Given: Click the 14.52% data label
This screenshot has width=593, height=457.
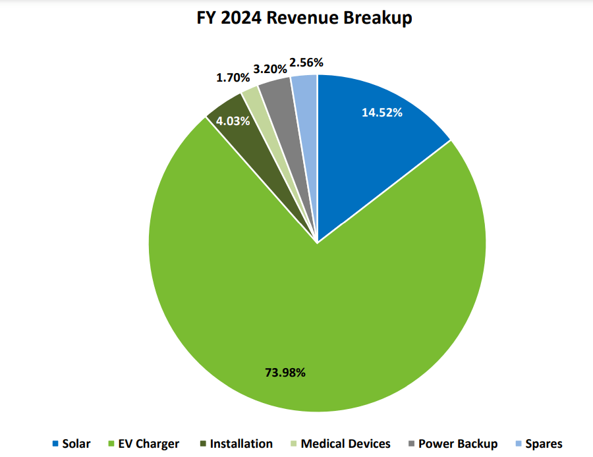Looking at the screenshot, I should [x=382, y=112].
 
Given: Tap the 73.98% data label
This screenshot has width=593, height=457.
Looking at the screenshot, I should [x=285, y=373].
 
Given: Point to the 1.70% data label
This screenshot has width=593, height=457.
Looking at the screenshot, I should [x=233, y=78].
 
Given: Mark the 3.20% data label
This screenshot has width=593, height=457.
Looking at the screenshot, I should [x=269, y=68].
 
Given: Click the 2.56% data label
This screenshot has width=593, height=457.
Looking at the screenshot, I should [x=306, y=63].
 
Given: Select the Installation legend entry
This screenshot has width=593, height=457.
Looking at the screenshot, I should [x=236, y=444].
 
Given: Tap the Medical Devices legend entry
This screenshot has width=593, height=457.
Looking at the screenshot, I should [x=340, y=444].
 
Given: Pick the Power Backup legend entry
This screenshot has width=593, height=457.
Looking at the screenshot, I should [x=453, y=444].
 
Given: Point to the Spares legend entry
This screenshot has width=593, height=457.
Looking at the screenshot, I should [x=538, y=444].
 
